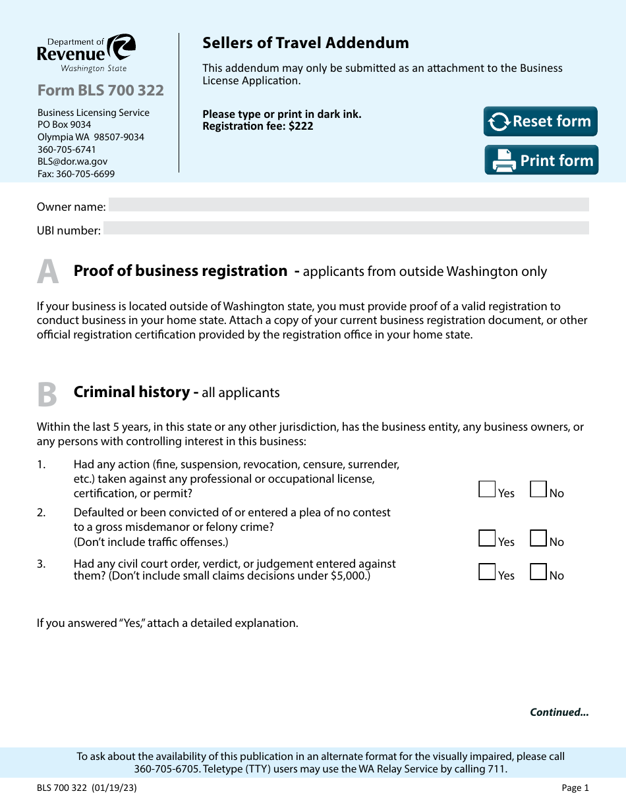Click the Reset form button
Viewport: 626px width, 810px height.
point(540,122)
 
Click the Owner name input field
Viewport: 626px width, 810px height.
point(348,205)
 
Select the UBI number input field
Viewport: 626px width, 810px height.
point(345,229)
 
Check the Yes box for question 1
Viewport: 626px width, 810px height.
point(487,489)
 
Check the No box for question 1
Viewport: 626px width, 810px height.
point(538,489)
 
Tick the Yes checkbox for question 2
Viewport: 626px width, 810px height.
point(487,538)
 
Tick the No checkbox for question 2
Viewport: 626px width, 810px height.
point(538,538)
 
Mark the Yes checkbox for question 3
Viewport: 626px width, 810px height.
point(487,572)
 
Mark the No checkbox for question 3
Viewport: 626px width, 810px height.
point(538,572)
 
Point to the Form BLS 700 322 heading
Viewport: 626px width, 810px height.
point(100,90)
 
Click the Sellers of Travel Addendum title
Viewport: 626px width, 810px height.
point(305,43)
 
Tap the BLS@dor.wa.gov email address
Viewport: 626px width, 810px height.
point(72,161)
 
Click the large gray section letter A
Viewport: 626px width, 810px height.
point(47,272)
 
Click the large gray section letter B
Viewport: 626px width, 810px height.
point(47,394)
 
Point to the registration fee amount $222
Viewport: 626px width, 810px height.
point(300,126)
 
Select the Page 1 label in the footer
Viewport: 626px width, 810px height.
point(575,788)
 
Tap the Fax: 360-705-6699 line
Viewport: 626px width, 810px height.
point(76,174)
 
